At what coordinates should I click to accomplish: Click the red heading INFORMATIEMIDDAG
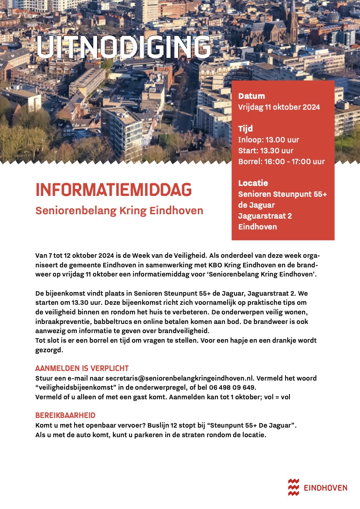point(113,190)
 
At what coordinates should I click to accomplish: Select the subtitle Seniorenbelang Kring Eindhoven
point(119,211)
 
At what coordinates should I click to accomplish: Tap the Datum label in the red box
point(251,96)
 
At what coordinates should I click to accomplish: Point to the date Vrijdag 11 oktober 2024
point(279,107)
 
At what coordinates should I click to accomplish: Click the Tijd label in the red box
point(245,129)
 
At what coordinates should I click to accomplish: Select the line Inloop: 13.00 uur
point(268,140)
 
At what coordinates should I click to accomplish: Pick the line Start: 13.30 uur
point(266,151)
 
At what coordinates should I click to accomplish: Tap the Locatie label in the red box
point(253,183)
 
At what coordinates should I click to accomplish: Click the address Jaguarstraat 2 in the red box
point(265,216)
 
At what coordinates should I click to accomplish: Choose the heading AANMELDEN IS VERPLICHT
point(82,368)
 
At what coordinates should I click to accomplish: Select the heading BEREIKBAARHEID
point(65,415)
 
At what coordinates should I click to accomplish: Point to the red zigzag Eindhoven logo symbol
point(294,487)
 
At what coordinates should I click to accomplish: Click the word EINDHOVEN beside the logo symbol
point(326,488)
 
